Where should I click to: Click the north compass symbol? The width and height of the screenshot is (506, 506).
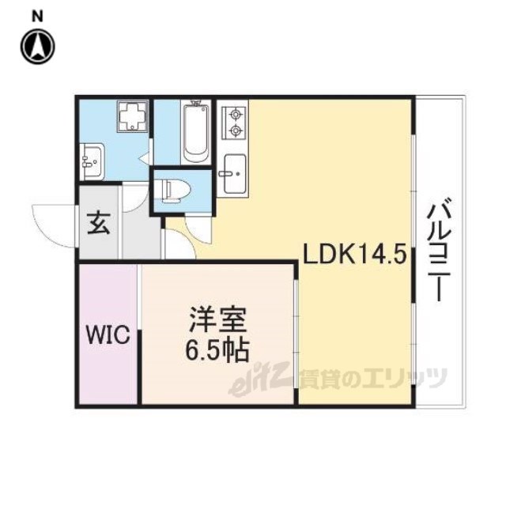[x=38, y=47]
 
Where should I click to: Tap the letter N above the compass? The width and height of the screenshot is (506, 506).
[x=37, y=16]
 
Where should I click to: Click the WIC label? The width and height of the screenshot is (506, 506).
[x=108, y=334]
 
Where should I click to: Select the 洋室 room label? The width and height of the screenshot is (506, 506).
[x=218, y=319]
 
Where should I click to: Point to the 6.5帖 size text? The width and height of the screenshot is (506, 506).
[x=217, y=350]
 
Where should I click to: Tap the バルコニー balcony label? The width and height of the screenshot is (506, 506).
[x=439, y=249]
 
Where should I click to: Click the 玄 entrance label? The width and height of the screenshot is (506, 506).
[x=99, y=223]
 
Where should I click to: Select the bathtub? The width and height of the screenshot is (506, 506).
[x=196, y=132]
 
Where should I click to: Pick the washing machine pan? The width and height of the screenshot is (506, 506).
[x=133, y=116]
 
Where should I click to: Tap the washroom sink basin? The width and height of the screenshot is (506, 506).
[x=92, y=161]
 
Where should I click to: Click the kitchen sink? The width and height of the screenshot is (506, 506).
[x=234, y=174]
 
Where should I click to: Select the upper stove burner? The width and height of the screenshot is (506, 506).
[x=236, y=114]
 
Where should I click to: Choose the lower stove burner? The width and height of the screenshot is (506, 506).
[x=236, y=130]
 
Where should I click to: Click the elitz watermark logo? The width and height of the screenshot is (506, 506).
[x=262, y=379]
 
